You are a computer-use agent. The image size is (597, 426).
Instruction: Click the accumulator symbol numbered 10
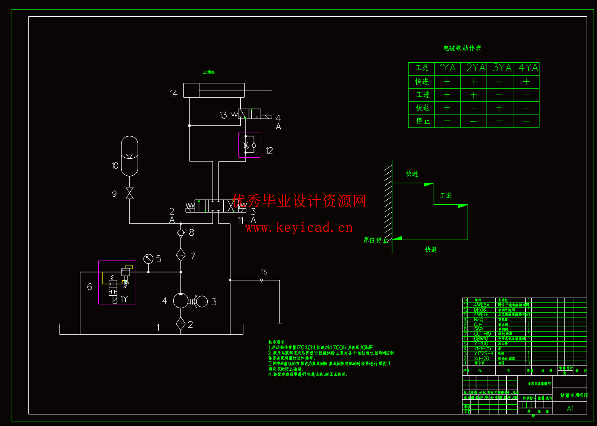click(x=130, y=156)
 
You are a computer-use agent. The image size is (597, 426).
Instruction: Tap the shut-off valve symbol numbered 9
click(x=130, y=193)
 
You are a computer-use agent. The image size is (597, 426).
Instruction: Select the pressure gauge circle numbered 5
click(x=148, y=259)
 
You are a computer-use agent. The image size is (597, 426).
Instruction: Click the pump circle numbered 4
click(x=181, y=301)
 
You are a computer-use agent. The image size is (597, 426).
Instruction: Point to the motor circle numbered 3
click(x=202, y=301)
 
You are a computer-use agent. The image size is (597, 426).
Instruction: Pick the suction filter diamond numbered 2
click(x=181, y=324)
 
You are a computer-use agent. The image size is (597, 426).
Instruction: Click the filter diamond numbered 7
click(x=181, y=255)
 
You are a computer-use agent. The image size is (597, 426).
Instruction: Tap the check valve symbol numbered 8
click(x=181, y=233)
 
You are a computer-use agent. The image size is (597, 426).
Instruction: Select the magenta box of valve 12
click(x=249, y=145)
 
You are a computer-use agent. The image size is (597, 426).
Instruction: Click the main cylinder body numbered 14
click(x=214, y=90)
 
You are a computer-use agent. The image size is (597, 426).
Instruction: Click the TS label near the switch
click(x=264, y=272)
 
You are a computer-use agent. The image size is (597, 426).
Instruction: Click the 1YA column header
click(x=447, y=68)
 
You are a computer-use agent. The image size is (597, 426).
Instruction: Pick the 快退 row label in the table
click(x=422, y=108)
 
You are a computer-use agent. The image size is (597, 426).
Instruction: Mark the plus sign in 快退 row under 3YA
click(x=499, y=108)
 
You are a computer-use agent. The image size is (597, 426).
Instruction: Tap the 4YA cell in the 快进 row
click(x=526, y=82)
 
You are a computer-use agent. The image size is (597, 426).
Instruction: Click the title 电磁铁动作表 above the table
click(x=462, y=48)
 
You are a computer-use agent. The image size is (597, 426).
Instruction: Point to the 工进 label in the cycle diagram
click(x=446, y=195)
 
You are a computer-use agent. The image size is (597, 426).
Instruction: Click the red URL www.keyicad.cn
click(x=299, y=227)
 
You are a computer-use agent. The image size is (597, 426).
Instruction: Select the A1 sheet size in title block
click(x=570, y=409)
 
